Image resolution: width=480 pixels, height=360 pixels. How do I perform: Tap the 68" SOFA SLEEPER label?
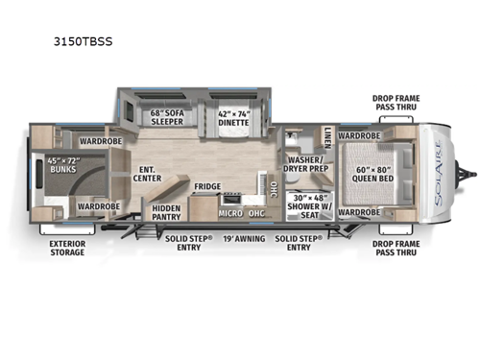pyautogui.click(x=168, y=117)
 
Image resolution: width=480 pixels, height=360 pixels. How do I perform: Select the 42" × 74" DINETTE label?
pyautogui.click(x=233, y=117)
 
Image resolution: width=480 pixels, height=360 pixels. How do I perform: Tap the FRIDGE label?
pyautogui.click(x=207, y=186)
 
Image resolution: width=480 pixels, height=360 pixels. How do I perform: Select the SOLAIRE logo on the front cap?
pyautogui.click(x=444, y=174)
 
